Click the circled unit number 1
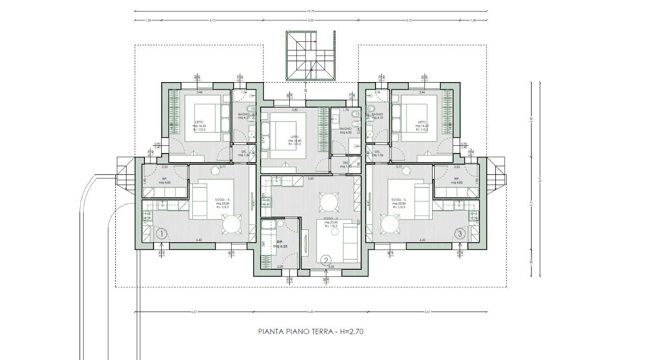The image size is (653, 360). click(161, 234)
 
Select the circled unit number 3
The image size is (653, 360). click(461, 234)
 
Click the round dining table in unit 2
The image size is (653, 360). click(326, 202)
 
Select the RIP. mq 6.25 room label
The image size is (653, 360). click(280, 244)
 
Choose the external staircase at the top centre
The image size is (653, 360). click(311, 56)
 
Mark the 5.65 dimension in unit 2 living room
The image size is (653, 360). click(310, 179)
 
